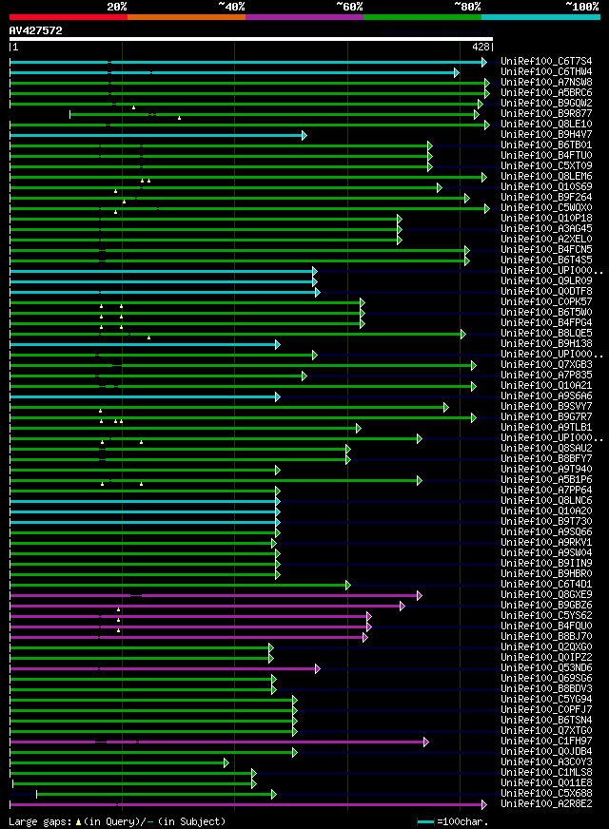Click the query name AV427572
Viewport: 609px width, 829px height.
point(35,30)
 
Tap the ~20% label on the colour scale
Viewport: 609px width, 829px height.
point(117,6)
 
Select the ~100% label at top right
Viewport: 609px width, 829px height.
point(581,6)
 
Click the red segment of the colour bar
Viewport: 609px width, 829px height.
point(68,16)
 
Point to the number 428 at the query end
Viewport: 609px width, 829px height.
point(481,46)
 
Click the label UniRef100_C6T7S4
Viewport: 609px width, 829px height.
point(546,61)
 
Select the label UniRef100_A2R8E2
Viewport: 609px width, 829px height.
point(546,804)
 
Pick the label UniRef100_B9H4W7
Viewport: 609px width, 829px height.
point(546,135)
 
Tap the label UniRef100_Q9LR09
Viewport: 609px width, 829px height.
point(546,281)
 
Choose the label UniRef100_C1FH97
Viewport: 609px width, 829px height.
point(546,741)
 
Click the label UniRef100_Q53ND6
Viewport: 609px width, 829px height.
point(546,668)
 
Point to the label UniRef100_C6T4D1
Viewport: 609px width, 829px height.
point(546,585)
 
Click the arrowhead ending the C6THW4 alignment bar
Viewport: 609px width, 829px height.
point(457,72)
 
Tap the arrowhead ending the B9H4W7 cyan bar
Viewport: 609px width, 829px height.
point(304,135)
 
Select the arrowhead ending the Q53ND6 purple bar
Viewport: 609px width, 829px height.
point(318,668)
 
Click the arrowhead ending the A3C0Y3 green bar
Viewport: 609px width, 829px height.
point(226,762)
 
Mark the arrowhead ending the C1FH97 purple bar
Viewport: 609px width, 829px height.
point(426,742)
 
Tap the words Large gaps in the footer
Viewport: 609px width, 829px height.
point(39,821)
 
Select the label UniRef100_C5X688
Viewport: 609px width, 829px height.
point(546,793)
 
